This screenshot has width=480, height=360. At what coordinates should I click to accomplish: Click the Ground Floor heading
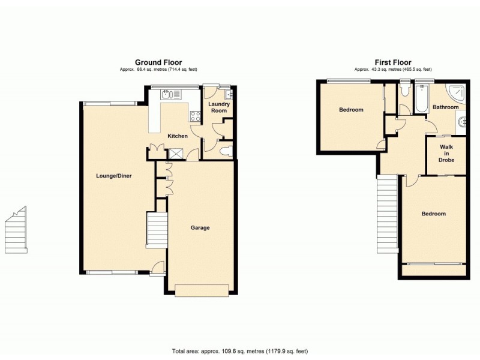coord(158,62)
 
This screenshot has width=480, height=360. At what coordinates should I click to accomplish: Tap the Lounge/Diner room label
coord(114,176)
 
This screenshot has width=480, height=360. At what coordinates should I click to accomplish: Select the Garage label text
coord(200,228)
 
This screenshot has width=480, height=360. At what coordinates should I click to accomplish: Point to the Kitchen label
coord(178,136)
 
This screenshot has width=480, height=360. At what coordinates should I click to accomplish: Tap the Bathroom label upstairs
coord(446,107)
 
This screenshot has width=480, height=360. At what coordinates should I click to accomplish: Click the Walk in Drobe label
coord(446,154)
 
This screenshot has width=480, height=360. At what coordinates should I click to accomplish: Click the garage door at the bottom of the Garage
coord(202,290)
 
